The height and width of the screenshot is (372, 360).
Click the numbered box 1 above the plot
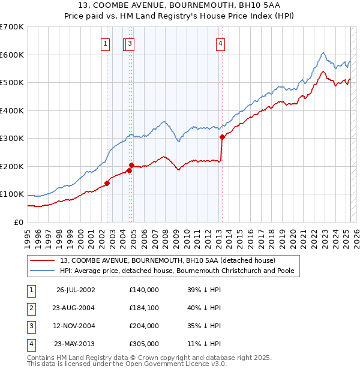point(106,43)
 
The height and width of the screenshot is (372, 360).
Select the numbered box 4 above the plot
point(221,43)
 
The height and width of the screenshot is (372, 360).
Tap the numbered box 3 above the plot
point(130,43)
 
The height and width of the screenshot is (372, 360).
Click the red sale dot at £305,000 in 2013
point(222,137)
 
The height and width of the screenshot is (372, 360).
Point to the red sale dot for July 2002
point(107,183)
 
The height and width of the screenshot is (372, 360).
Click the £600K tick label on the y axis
point(12,55)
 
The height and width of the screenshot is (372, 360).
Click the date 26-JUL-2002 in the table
point(76,290)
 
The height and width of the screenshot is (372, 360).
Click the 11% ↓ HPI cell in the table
point(204,344)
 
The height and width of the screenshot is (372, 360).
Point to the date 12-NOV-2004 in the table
point(76,326)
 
